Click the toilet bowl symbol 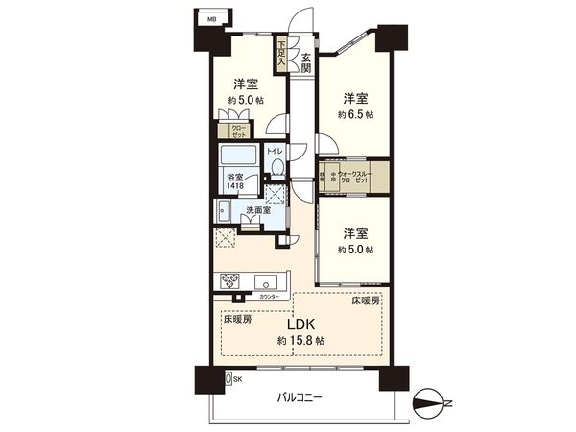pyautogui.click(x=276, y=167)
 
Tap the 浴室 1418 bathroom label pyautogui.click(x=235, y=181)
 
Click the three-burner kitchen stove pyautogui.click(x=231, y=280)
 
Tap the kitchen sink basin pyautogui.click(x=267, y=281)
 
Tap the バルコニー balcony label pyautogui.click(x=301, y=396)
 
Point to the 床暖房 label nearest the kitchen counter pyautogui.click(x=239, y=319)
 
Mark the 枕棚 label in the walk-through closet pyautogui.click(x=323, y=178)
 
